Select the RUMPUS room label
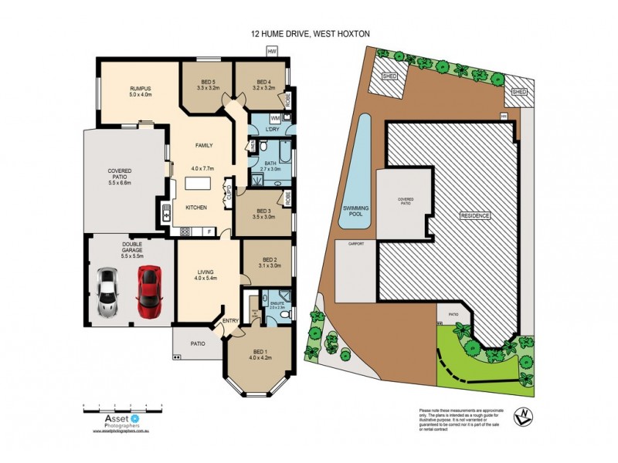(140, 91)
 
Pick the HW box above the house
(271, 51)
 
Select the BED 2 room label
(269, 262)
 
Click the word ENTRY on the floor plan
(230, 321)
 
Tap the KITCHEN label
(195, 208)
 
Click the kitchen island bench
(198, 186)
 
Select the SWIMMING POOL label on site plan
(356, 212)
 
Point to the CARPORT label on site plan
(355, 244)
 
